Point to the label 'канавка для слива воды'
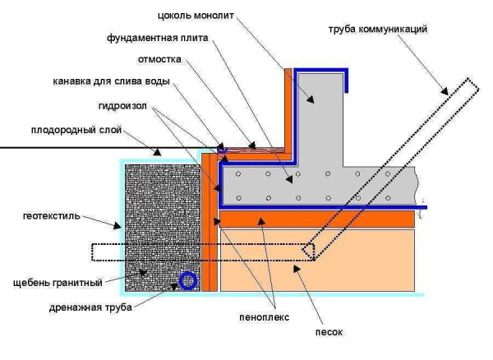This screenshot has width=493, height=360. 124,81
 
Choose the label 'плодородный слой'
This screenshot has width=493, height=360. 71,130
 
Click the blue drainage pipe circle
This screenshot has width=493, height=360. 188,281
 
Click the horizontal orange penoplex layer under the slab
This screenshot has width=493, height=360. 320,219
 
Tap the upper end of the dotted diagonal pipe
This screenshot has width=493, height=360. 466,85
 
